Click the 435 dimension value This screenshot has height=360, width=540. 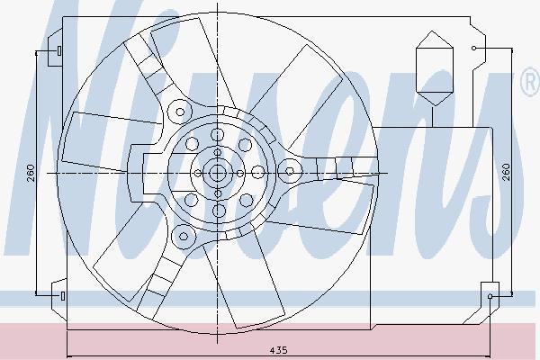point(278,350)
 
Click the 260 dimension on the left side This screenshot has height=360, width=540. point(31,173)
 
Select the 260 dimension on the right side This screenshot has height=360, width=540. point(506,172)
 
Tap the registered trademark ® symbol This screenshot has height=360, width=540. point(531,82)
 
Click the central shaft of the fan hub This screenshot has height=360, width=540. point(217,173)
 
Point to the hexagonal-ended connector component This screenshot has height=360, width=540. point(434,68)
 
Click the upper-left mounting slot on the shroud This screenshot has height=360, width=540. point(59,50)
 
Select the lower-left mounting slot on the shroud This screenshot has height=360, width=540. point(63,295)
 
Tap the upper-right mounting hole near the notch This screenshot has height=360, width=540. point(474,49)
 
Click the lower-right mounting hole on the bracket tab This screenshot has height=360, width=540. point(490,296)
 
